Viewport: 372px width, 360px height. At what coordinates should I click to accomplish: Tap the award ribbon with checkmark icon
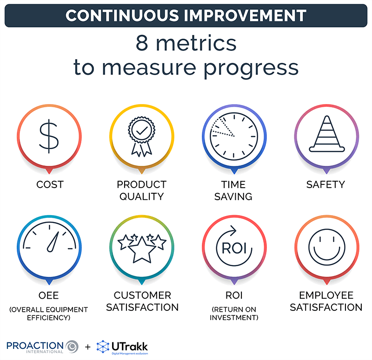click(x=141, y=135)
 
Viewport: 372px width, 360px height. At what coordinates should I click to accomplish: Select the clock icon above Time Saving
click(x=233, y=135)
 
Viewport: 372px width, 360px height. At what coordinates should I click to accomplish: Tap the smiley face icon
click(x=326, y=247)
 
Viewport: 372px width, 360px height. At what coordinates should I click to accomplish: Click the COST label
click(x=50, y=185)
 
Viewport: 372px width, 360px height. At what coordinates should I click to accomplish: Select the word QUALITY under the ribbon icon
click(x=141, y=196)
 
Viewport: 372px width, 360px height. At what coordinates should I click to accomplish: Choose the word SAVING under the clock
click(x=233, y=196)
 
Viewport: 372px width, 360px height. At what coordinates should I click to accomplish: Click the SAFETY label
click(x=325, y=185)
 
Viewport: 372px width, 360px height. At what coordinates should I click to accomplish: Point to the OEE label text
click(x=49, y=295)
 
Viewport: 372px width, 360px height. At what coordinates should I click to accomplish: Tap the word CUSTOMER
click(x=142, y=295)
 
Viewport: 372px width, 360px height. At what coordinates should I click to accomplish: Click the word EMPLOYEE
click(x=326, y=295)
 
